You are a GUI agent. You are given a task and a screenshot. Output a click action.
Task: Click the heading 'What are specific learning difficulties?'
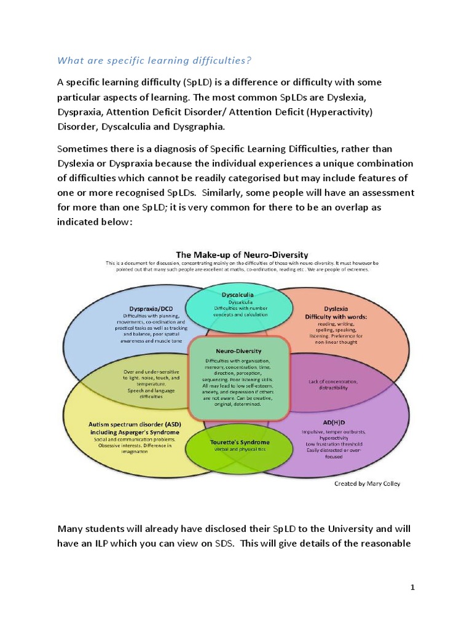tap(154, 60)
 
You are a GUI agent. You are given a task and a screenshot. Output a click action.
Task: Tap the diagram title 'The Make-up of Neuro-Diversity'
tap(242, 254)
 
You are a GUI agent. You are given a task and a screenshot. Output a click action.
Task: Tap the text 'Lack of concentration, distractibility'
tap(336, 385)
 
